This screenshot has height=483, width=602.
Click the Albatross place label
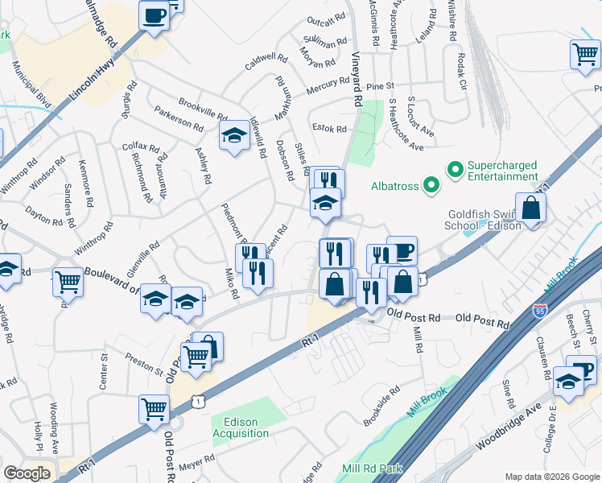coord(394,186)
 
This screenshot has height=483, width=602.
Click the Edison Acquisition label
coord(241,427)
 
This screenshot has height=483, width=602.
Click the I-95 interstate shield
coord(540,310)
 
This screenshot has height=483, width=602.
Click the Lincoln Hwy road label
coord(93,81)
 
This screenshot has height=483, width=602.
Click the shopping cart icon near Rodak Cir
coord(585,55)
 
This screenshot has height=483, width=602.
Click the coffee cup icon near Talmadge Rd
coord(154,14)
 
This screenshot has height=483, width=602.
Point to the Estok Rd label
coord(329,128)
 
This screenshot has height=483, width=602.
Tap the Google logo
coord(27,473)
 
